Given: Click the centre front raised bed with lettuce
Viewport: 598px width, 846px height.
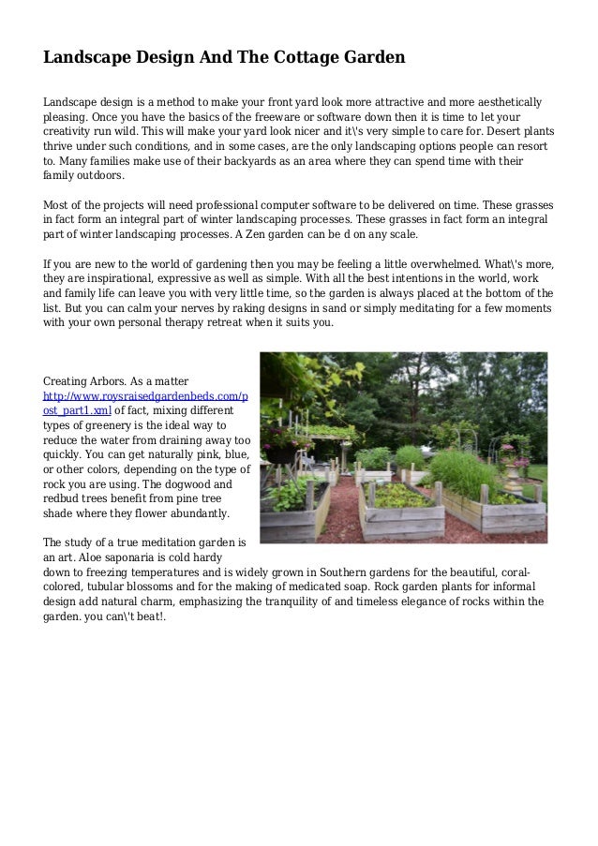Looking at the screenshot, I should (x=401, y=506).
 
